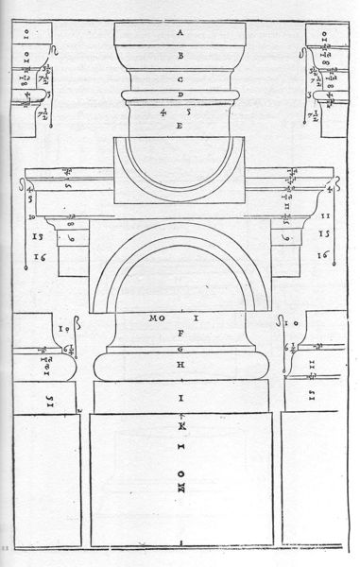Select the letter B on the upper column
coord(179,57)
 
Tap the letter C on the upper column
coord(179,80)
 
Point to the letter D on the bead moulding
coord(179,96)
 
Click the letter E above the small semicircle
coord(179,126)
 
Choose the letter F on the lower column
coord(180,333)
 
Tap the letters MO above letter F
coord(156,319)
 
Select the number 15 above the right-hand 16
coord(322,232)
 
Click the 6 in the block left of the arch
coord(74,237)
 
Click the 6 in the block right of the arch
coord(285,237)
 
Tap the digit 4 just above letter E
coord(163,112)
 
